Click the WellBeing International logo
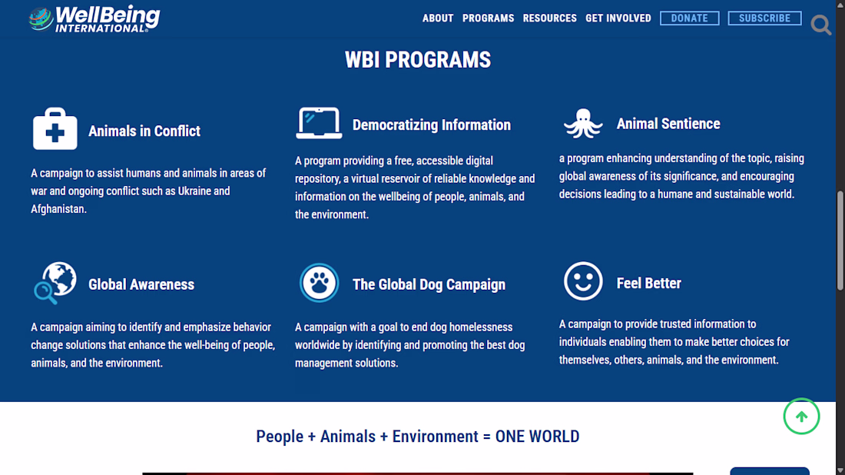click(x=94, y=19)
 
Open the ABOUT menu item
click(x=438, y=18)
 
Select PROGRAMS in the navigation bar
click(x=489, y=18)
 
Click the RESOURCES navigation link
click(x=550, y=18)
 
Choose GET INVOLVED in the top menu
click(x=618, y=18)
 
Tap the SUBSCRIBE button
click(x=764, y=18)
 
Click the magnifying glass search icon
click(x=820, y=25)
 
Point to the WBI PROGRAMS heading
click(x=418, y=60)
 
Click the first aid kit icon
click(x=55, y=129)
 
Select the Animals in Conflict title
click(x=144, y=131)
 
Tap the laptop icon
click(x=319, y=123)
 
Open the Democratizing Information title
click(x=432, y=125)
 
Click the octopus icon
click(x=583, y=124)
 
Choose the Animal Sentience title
click(x=668, y=124)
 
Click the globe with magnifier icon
click(x=55, y=283)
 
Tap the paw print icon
click(x=319, y=283)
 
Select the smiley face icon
click(x=583, y=281)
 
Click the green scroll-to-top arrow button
click(x=801, y=417)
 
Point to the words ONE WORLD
click(x=537, y=436)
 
